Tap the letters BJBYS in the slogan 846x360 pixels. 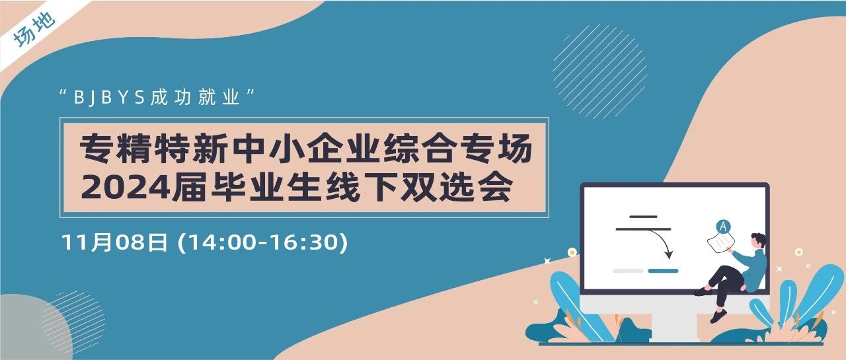110,98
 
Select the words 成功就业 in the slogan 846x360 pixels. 195,97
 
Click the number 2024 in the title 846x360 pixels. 126,187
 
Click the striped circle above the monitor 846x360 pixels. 599,72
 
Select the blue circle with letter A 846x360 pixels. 723,227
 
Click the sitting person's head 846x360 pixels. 758,240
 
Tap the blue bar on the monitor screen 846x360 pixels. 663,271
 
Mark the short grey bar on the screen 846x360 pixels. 628,271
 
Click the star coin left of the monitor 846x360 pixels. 572,252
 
